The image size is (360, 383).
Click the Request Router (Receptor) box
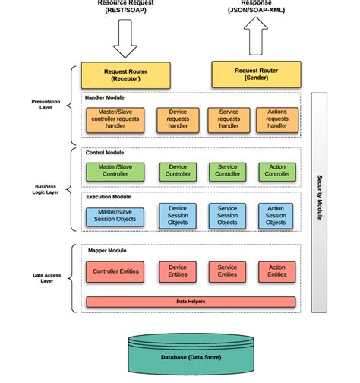coord(127,75)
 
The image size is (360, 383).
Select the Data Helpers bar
coord(191,302)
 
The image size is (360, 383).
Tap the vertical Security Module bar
coord(319,201)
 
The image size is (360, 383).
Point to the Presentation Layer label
coord(41,103)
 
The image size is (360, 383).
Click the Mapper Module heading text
coord(107,251)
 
